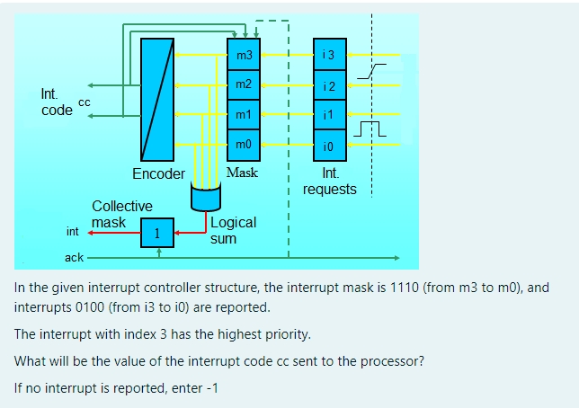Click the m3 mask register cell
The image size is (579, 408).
pyautogui.click(x=243, y=56)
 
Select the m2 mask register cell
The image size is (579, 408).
pyautogui.click(x=243, y=85)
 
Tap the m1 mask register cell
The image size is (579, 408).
pyautogui.click(x=243, y=115)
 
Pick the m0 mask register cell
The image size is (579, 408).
pyautogui.click(x=243, y=145)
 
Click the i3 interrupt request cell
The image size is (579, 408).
pyautogui.click(x=329, y=56)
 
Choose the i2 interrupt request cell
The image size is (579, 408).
pyautogui.click(x=329, y=85)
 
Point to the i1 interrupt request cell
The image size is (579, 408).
pyautogui.click(x=329, y=115)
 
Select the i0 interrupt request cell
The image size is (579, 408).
pyautogui.click(x=329, y=145)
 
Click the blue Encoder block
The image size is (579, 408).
pyautogui.click(x=157, y=100)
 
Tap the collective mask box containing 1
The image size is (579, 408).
pyautogui.click(x=158, y=234)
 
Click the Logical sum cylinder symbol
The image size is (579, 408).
pyautogui.click(x=205, y=196)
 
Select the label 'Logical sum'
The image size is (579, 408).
pyautogui.click(x=233, y=230)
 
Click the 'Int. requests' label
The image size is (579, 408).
pyautogui.click(x=329, y=182)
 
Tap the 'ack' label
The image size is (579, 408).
pyautogui.click(x=74, y=258)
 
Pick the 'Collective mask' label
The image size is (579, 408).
pyautogui.click(x=121, y=214)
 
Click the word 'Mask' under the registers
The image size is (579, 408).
pyautogui.click(x=242, y=173)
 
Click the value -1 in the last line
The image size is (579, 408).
pyautogui.click(x=210, y=388)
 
